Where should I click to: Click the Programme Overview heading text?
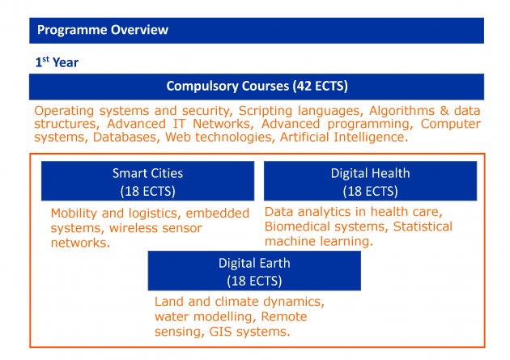(x=103, y=30)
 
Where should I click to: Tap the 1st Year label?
(x=57, y=62)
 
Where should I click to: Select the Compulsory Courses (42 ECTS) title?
(x=257, y=86)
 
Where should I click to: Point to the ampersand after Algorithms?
(x=444, y=111)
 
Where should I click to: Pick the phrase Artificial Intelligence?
(x=344, y=137)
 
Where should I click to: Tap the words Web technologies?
(x=219, y=137)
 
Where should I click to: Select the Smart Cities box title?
(x=147, y=173)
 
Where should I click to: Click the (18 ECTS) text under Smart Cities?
(x=147, y=191)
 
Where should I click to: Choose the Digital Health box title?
(x=370, y=173)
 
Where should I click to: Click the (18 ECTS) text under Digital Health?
(x=370, y=191)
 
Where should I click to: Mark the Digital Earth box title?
(x=254, y=263)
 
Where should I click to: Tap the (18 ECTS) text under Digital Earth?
(x=254, y=281)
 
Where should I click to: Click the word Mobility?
(x=74, y=214)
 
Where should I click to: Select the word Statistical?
(x=423, y=227)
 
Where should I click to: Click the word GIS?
(x=220, y=332)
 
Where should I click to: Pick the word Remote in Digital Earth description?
(x=284, y=316)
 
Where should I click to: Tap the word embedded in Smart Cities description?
(x=217, y=214)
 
